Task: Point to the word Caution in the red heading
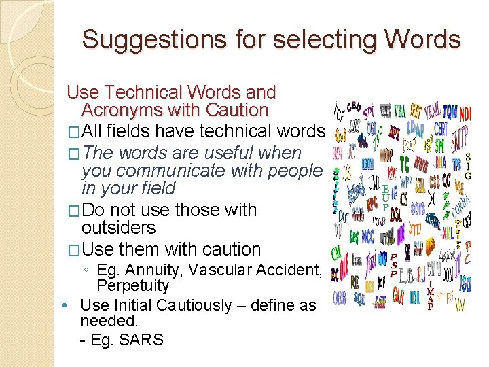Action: pyautogui.click(x=232, y=110)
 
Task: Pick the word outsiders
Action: pyautogui.click(x=118, y=228)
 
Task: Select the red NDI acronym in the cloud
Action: pyautogui.click(x=466, y=113)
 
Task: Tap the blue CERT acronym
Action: pyautogui.click(x=440, y=129)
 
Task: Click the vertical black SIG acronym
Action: pyautogui.click(x=468, y=166)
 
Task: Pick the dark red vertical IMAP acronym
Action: pyautogui.click(x=429, y=295)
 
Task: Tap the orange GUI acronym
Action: pyautogui.click(x=398, y=296)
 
